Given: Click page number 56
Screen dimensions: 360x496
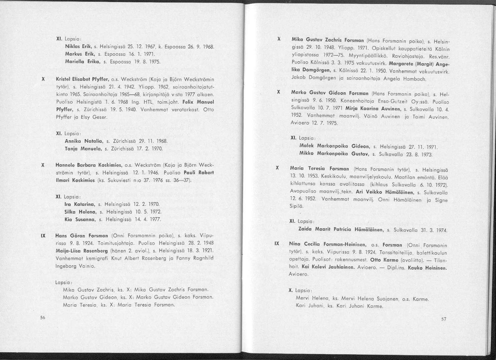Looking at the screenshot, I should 42,317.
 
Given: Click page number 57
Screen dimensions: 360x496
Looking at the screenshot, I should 444,319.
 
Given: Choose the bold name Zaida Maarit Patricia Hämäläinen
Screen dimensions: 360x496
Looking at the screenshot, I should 341,230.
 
